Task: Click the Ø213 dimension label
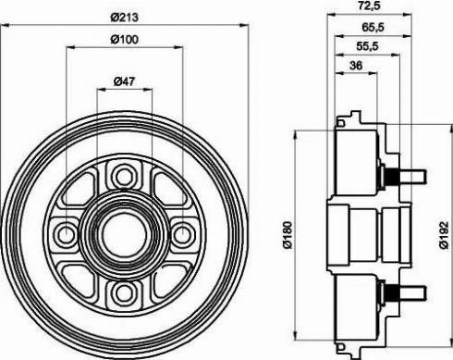(125, 18)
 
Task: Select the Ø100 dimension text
(125, 40)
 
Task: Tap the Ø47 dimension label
(125, 81)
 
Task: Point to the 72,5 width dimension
(369, 6)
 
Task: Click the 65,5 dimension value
(373, 28)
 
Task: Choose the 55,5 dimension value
(367, 46)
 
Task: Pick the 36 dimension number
(356, 66)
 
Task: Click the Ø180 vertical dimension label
(288, 235)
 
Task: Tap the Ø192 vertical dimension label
(444, 235)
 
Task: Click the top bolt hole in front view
(124, 177)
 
